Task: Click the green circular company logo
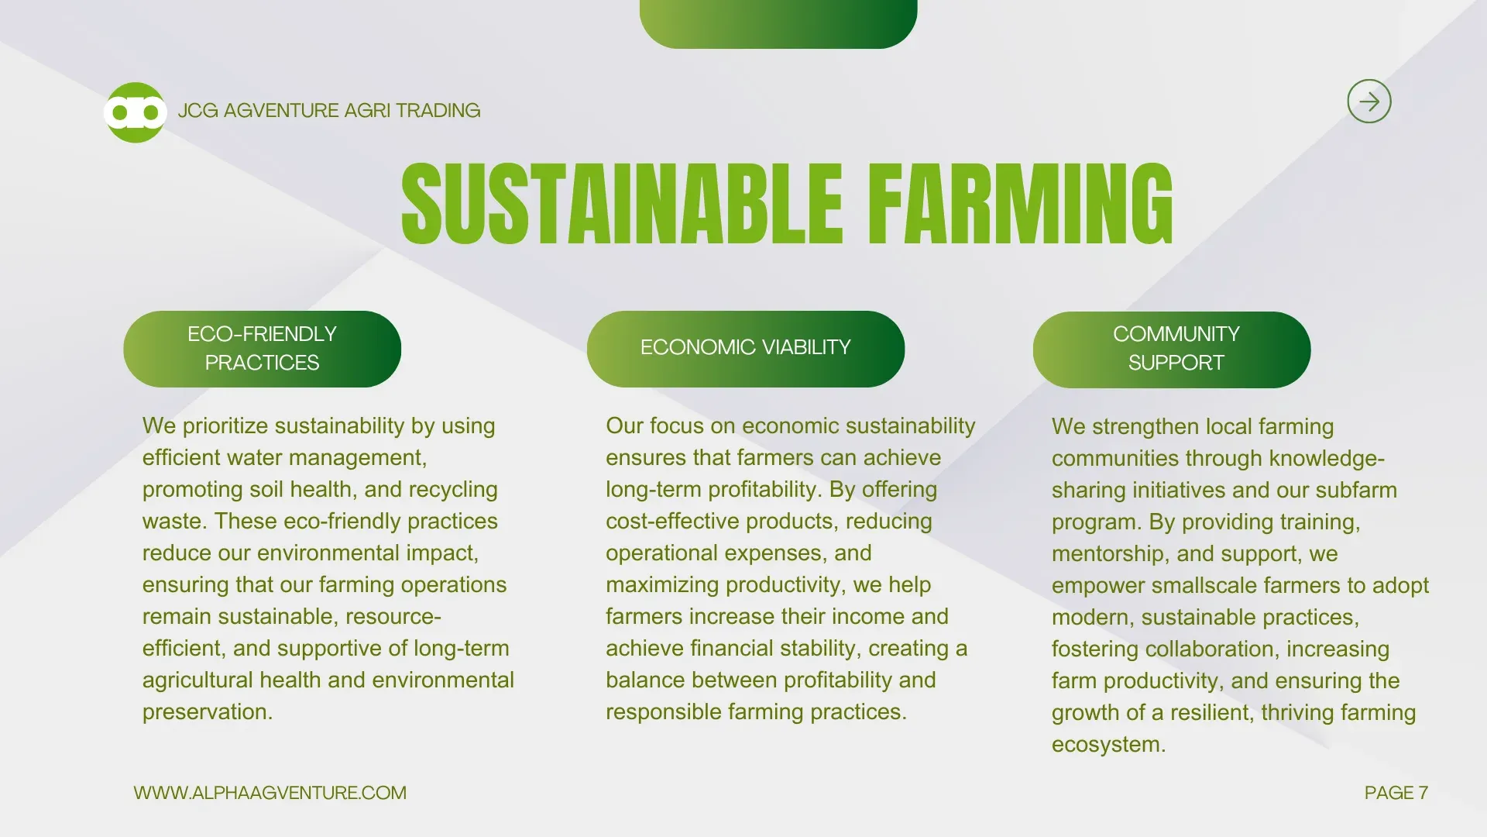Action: click(136, 112)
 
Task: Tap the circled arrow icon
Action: click(1369, 102)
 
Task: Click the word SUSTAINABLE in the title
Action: click(622, 204)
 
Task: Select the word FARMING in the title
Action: click(1020, 204)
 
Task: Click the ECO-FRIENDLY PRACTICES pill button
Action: click(263, 349)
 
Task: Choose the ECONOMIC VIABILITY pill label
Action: click(746, 349)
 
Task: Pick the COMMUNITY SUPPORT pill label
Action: click(1172, 350)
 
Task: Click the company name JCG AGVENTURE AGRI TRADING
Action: click(329, 111)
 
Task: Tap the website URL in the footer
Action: click(270, 793)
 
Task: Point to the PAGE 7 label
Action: click(1396, 793)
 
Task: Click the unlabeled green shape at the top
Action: click(778, 23)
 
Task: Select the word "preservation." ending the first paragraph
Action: click(208, 712)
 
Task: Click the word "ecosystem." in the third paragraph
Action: click(1109, 745)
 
